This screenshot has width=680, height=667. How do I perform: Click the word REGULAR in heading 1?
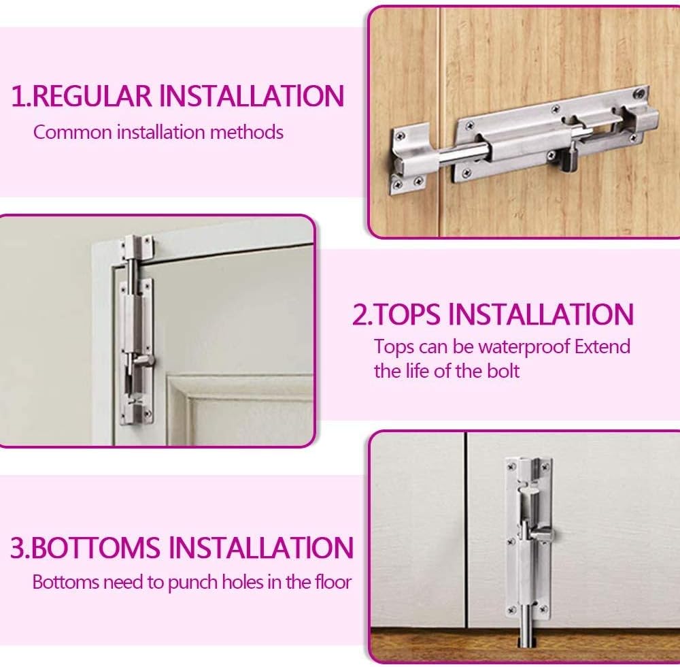click(92, 96)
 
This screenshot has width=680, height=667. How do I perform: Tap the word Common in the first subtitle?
click(73, 132)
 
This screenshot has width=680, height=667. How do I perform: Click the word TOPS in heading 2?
click(407, 314)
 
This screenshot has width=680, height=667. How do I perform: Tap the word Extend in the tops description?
click(602, 346)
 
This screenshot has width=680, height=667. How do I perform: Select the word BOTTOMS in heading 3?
click(95, 548)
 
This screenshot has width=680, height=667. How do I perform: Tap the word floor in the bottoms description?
click(333, 582)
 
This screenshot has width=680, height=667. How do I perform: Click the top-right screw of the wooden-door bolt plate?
click(639, 93)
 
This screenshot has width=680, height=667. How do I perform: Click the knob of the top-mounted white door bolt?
click(144, 360)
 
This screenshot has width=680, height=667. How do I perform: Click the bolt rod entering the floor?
click(528, 625)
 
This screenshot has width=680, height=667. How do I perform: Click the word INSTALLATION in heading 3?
click(260, 548)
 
